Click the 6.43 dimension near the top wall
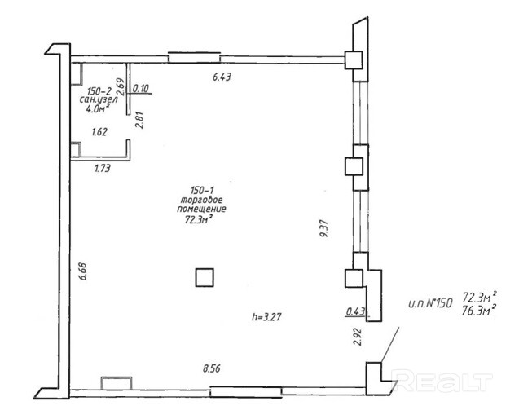[x=222, y=77]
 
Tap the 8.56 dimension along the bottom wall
[x=212, y=368]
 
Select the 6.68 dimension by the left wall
[x=82, y=271]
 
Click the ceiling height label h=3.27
[x=266, y=317]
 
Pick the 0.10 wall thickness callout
[x=141, y=88]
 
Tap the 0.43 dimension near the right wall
[x=355, y=311]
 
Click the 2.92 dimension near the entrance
[x=357, y=337]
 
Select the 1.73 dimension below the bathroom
[x=103, y=169]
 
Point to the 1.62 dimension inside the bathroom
[x=99, y=132]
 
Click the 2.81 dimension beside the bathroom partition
[x=139, y=120]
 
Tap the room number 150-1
[x=203, y=191]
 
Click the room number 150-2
[x=99, y=91]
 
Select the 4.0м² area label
[x=98, y=108]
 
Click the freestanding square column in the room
[x=205, y=277]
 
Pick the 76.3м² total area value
[x=480, y=310]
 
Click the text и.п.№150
[x=430, y=303]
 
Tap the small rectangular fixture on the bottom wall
[x=117, y=383]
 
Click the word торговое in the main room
[x=201, y=200]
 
